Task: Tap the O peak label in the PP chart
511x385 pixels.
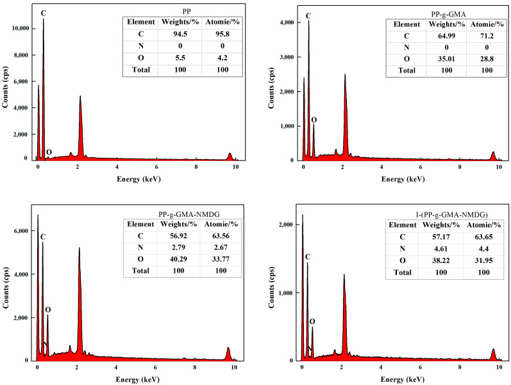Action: [x=49, y=152]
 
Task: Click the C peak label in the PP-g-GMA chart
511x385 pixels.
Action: [x=308, y=15]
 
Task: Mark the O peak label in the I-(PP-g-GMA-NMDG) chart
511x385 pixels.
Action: [x=312, y=321]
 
